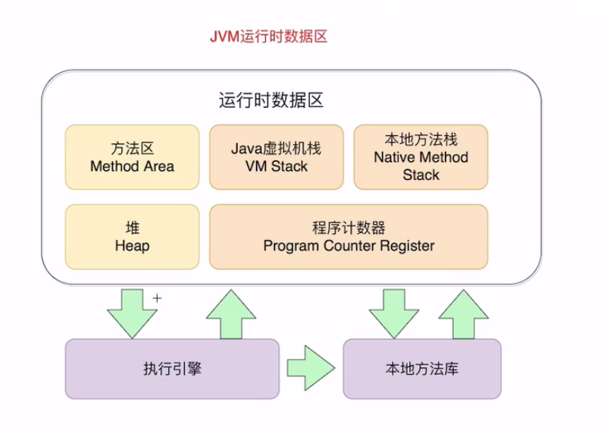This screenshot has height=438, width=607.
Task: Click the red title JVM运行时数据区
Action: tap(269, 36)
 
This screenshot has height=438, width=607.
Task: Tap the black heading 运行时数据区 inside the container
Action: tap(271, 100)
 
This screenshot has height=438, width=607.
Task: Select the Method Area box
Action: tap(133, 157)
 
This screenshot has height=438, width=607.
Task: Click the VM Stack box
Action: tap(277, 157)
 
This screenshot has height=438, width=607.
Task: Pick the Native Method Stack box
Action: tap(421, 157)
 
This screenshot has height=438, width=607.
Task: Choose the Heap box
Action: tap(133, 237)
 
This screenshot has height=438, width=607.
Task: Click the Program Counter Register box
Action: tap(349, 237)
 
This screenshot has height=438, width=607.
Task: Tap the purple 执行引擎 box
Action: tap(172, 369)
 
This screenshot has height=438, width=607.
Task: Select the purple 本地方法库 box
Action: tap(422, 369)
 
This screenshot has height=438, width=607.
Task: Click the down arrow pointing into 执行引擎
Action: tap(133, 314)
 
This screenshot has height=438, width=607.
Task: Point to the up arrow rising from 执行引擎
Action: tap(231, 315)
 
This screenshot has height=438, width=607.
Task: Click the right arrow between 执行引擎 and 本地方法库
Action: tap(311, 368)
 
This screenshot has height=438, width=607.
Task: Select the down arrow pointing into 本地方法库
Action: tap(394, 314)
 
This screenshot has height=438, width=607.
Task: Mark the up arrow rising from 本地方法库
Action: tap(463, 315)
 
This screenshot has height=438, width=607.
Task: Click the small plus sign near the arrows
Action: tap(157, 298)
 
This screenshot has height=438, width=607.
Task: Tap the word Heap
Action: tap(133, 246)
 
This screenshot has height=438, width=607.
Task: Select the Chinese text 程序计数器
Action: tap(349, 228)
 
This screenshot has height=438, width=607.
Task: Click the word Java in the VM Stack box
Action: tap(246, 149)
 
